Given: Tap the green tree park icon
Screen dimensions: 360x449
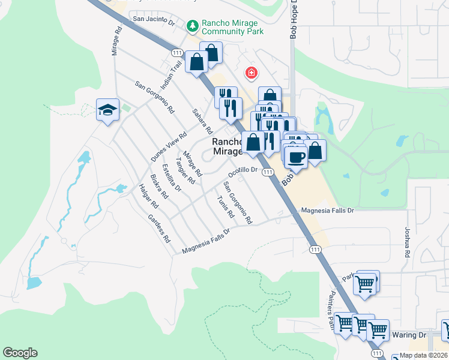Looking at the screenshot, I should pos(193,25).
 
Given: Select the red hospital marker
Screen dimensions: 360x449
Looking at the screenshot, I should pos(251,73).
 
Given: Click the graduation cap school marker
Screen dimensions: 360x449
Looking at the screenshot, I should pos(107,110).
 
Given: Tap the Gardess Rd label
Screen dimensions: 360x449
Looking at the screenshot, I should pos(159,228).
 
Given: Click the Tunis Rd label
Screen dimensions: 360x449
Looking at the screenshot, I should pos(225,207).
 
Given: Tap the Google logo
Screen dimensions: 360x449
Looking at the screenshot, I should pos(20,353).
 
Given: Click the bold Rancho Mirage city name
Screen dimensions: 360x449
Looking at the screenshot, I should pos(227,146).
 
